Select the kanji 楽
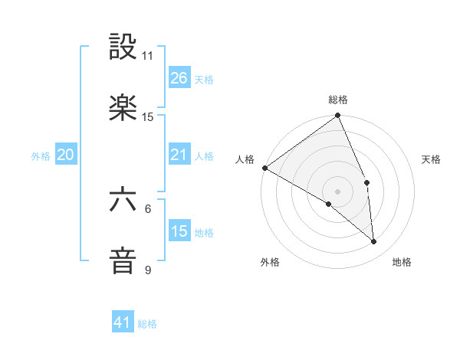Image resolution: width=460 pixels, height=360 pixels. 123,110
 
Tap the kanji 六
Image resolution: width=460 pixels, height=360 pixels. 123,201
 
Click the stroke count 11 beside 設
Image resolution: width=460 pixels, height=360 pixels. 147,56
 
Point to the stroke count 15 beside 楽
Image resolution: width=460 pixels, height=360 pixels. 148,117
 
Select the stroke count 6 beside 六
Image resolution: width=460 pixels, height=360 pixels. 148,208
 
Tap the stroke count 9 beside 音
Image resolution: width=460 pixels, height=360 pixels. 148,270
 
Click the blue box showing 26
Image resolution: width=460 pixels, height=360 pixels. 179,78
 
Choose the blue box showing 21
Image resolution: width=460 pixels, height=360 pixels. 179,155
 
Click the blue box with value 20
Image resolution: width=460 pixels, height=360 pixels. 66,155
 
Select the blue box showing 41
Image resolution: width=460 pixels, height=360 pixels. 123,323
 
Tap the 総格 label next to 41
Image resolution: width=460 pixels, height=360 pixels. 147,324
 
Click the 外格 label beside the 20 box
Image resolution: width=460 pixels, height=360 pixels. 41,155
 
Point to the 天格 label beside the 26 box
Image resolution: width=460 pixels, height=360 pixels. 204,79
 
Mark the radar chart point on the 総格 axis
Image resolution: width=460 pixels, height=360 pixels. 337,116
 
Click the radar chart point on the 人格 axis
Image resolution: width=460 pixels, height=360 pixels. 264,168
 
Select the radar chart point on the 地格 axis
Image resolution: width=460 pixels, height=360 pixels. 373,241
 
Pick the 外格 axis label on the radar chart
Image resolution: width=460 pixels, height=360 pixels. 270,263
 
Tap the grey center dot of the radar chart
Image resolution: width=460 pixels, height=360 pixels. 337,191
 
